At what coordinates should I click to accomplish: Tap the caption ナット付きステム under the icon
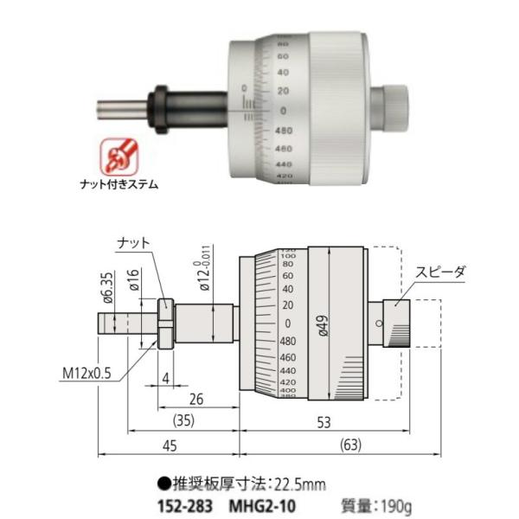(120, 183)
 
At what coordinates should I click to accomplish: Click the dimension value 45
(169, 447)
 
